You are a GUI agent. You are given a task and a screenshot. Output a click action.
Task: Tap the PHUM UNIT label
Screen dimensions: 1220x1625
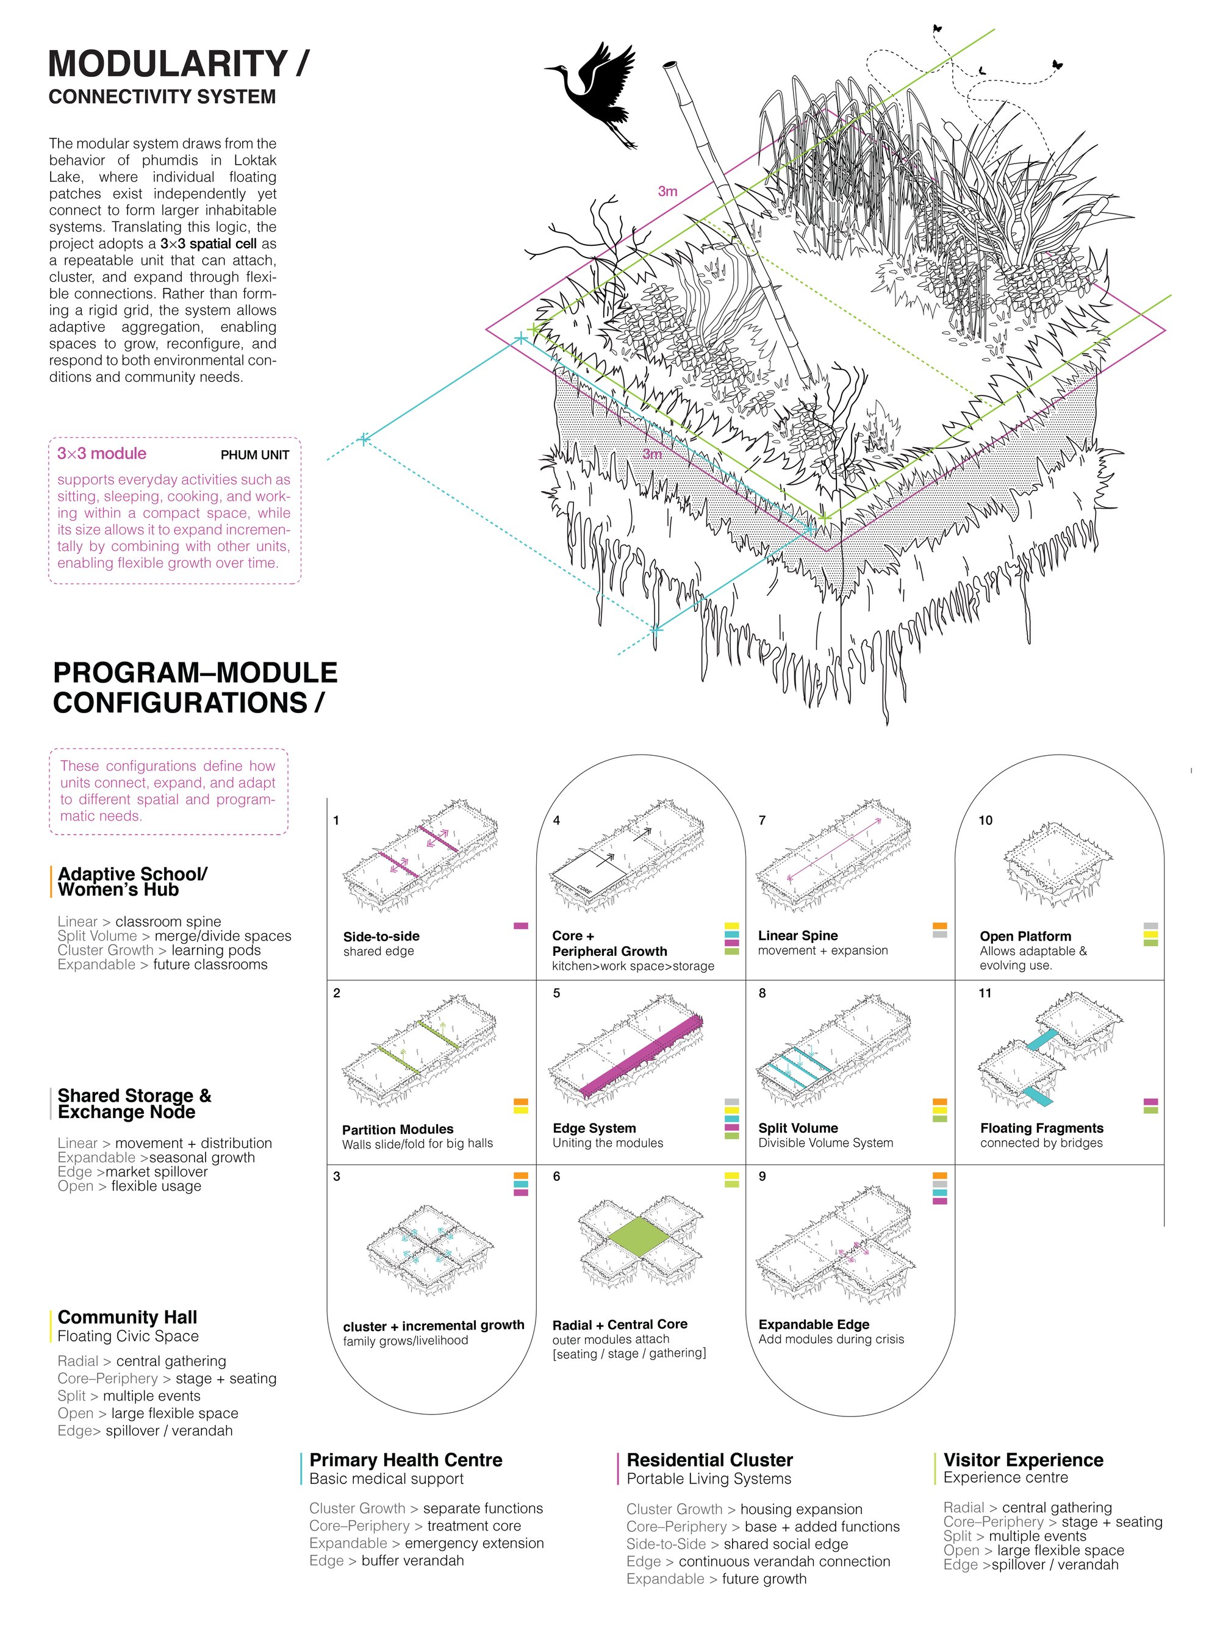point(255,454)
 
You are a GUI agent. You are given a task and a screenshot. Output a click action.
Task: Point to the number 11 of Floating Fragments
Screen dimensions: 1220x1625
point(985,993)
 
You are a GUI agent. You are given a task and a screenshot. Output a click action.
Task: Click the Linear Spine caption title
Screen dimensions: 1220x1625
point(798,935)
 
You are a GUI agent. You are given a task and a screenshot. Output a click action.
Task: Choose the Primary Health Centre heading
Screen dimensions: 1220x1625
point(406,1460)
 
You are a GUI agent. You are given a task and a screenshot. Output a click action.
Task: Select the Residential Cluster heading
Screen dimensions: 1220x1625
point(709,1460)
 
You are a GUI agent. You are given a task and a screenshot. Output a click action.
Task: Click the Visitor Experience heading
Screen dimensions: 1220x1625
point(1023,1460)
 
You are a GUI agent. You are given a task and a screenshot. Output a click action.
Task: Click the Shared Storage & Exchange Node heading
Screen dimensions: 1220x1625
point(134,1103)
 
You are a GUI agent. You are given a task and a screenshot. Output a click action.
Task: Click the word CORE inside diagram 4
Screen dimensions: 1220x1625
point(584,889)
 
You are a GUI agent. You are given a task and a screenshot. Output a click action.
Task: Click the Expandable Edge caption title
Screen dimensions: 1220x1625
point(814,1324)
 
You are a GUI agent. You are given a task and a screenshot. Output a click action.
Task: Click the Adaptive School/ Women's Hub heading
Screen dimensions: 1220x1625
point(132,881)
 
